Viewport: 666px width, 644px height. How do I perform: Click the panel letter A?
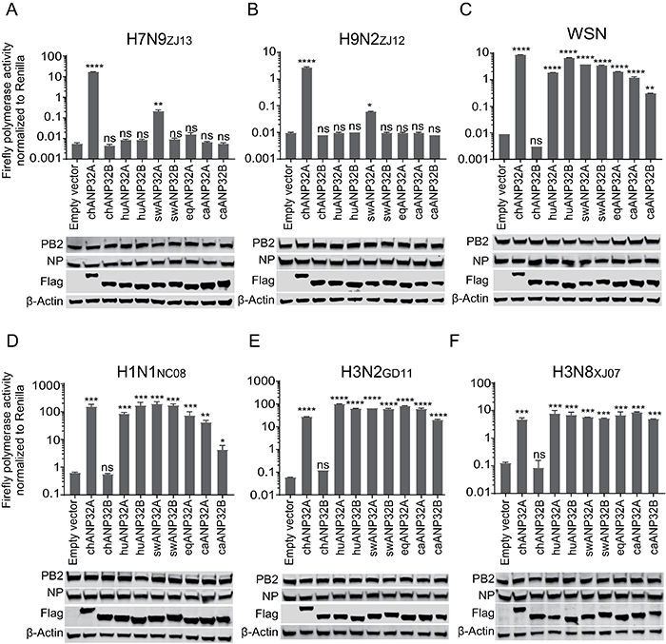click(11, 11)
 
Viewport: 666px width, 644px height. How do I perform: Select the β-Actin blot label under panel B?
click(258, 300)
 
